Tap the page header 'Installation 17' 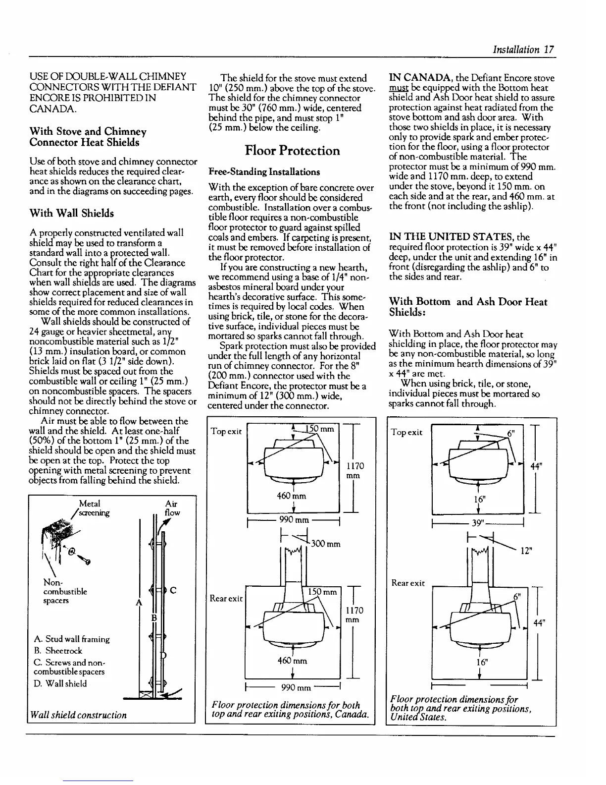[x=522, y=50]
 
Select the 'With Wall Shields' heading [x=72, y=214]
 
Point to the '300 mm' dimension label [x=326, y=544]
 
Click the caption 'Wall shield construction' [x=78, y=715]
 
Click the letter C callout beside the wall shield [x=173, y=590]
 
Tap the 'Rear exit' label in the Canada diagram [x=226, y=598]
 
